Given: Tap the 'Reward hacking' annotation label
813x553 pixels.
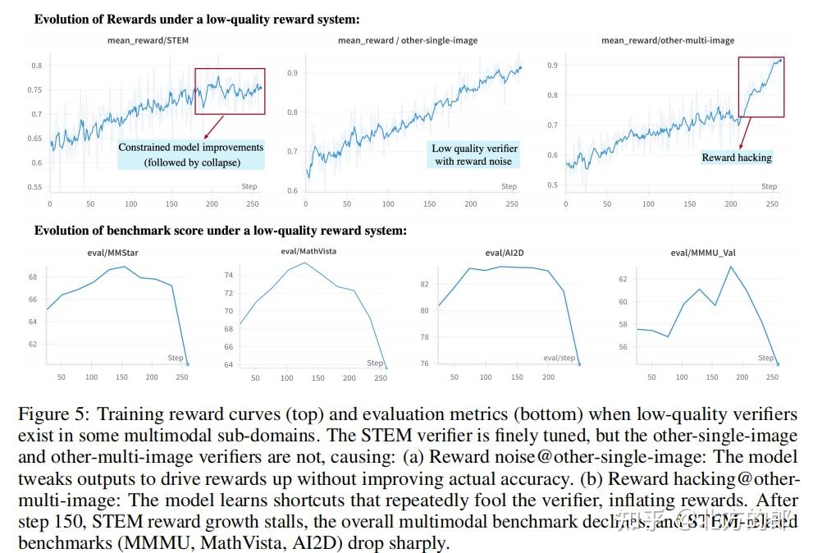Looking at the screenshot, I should pyautogui.click(x=736, y=158).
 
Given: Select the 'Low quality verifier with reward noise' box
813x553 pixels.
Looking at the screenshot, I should pyautogui.click(x=475, y=154).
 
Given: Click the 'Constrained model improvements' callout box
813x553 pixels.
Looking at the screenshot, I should pyautogui.click(x=190, y=154).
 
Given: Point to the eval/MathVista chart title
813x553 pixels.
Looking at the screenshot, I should pyautogui.click(x=303, y=251).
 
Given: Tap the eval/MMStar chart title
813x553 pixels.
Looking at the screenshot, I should pyautogui.click(x=112, y=253).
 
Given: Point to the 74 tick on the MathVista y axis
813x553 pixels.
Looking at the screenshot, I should pyautogui.click(x=229, y=276).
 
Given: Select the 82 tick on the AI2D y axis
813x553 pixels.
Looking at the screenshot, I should pyautogui.click(x=424, y=284).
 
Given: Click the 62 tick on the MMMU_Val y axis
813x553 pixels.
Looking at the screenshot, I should pyautogui.click(x=623, y=279).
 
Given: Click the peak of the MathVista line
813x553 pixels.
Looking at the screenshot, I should pyautogui.click(x=305, y=263).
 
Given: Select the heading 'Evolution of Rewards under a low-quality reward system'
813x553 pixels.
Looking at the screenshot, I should pyautogui.click(x=196, y=18).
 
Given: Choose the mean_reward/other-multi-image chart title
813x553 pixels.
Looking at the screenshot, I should pyautogui.click(x=667, y=40).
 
